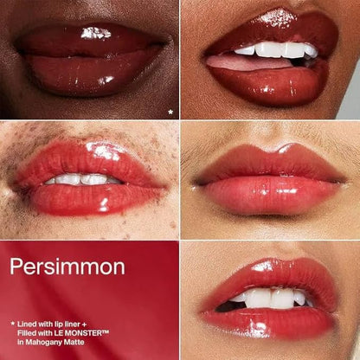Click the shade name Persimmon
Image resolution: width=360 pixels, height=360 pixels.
67,267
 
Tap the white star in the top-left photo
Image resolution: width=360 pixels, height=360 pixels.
170,112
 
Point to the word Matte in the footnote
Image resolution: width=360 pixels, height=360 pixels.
74,342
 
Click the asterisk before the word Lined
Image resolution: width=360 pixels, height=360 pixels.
12,324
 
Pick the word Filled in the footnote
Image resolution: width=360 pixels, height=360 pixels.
25,333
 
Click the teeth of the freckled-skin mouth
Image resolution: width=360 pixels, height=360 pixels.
82,179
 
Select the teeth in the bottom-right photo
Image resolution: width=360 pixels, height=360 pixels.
271,298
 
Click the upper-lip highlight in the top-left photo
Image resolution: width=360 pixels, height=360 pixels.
96,33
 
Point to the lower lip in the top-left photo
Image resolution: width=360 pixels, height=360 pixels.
93,74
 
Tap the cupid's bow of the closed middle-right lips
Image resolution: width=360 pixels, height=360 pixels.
269,149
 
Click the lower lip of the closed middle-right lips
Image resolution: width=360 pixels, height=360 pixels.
271,194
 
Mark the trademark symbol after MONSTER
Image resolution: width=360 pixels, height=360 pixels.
105,331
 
